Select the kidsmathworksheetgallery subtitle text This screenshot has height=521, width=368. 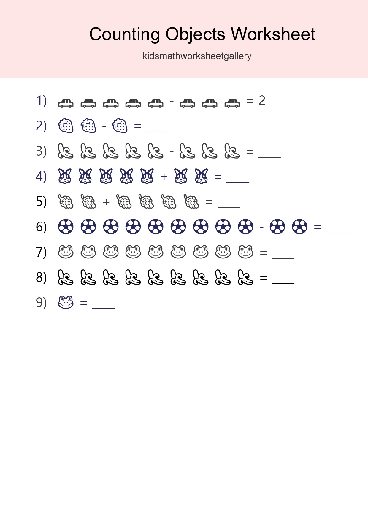(x=197, y=56)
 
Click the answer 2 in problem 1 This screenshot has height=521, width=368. (x=262, y=101)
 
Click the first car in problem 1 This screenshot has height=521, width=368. (x=66, y=103)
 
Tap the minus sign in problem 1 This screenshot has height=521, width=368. (x=172, y=101)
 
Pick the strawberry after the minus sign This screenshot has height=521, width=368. (x=120, y=126)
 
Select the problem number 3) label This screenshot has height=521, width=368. (x=41, y=151)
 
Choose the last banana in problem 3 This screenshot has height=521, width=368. (x=232, y=151)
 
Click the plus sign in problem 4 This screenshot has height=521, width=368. (x=164, y=177)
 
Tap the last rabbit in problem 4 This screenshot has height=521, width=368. (x=202, y=176)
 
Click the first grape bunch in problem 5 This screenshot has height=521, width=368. (x=66, y=201)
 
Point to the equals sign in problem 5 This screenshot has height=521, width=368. (x=209, y=202)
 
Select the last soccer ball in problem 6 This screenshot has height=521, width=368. (x=300, y=227)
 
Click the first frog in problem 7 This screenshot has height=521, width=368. (x=66, y=252)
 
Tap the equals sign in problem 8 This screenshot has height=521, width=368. (x=263, y=278)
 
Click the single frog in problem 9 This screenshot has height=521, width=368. (x=66, y=302)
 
